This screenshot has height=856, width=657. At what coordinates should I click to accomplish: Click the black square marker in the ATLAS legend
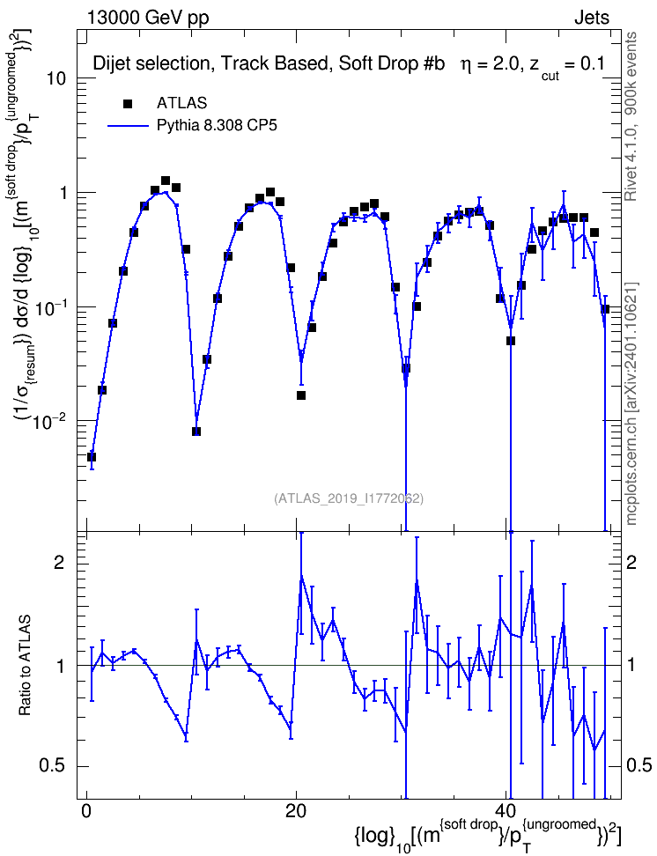coord(128,103)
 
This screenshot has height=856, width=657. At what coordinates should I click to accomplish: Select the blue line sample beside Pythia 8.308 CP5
coord(128,126)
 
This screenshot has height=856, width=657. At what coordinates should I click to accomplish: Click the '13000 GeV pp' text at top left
coord(147,18)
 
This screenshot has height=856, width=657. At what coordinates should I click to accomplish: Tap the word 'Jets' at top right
coord(592,18)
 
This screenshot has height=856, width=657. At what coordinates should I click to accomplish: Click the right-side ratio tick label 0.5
coord(639,766)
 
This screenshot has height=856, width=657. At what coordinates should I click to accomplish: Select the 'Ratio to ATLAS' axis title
coord(25,666)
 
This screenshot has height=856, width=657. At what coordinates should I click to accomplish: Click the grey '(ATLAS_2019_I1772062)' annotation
coord(349,498)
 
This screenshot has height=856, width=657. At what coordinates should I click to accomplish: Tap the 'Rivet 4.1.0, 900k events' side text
coord(631,116)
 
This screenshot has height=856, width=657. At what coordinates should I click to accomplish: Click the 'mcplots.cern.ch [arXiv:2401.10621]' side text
coord(631,403)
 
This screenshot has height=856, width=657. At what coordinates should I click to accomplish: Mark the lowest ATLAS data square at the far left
coord(92,457)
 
